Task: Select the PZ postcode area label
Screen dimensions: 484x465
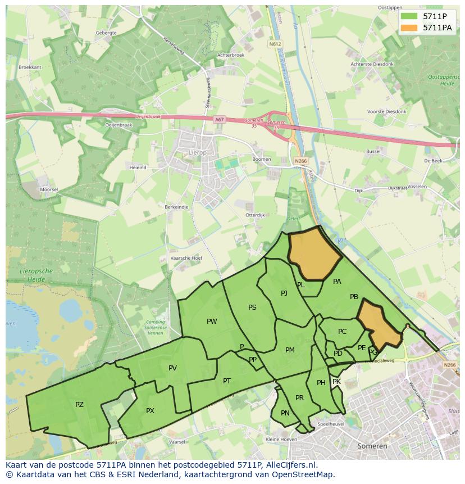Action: click(79, 405)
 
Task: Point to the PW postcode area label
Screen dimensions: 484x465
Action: click(212, 322)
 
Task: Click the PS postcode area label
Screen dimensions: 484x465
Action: click(252, 307)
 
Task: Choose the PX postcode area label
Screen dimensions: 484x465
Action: click(150, 411)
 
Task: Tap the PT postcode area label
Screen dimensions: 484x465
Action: click(227, 381)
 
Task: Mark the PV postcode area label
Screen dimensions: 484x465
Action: click(172, 368)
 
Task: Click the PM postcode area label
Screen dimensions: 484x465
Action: click(290, 350)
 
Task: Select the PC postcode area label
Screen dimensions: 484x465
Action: click(343, 332)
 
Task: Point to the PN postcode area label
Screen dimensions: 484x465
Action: click(285, 413)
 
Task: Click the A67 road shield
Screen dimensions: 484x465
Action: click(218, 119)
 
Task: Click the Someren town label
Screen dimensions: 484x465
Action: click(372, 446)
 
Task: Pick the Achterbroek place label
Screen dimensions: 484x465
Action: click(231, 55)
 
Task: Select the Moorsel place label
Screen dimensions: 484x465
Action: click(49, 189)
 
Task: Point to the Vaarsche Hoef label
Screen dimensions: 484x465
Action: click(186, 258)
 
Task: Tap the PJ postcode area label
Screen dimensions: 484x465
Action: click(284, 293)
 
